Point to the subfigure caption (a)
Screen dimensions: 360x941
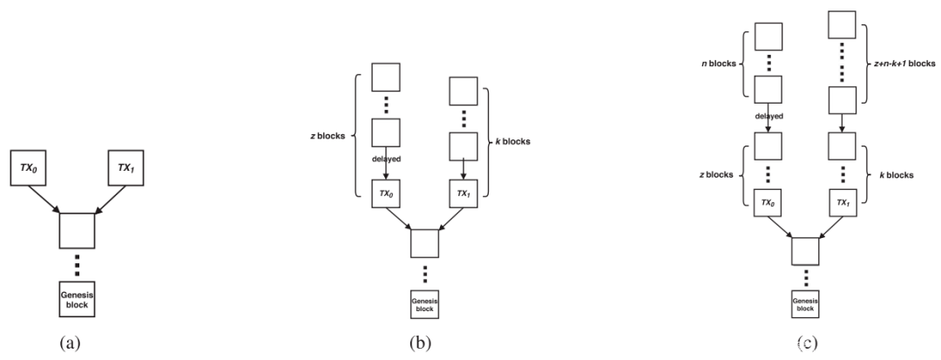(x=69, y=342)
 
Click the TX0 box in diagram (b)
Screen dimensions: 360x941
(x=385, y=194)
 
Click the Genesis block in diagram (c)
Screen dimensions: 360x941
(x=806, y=303)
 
